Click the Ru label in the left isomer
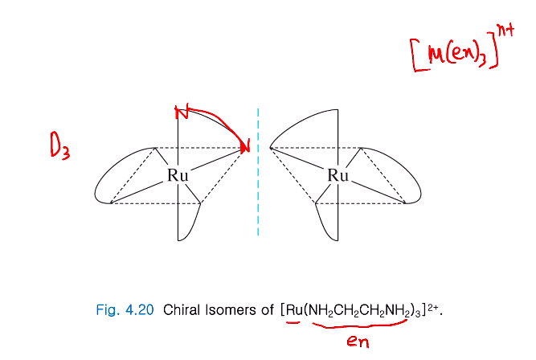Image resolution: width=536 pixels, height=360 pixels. (178, 175)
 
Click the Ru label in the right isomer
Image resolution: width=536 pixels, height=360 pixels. (338, 175)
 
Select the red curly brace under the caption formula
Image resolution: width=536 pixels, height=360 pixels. (354, 325)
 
